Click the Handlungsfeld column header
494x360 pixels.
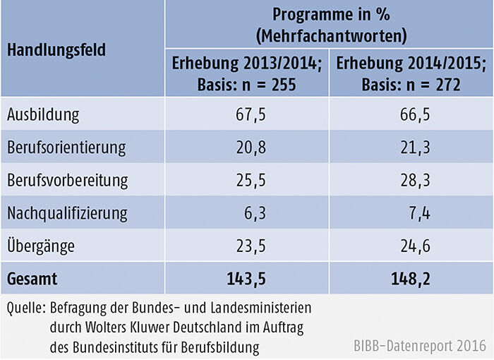[x=57, y=51]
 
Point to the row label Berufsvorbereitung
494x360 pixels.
[x=68, y=180]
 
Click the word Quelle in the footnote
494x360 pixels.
[x=24, y=308]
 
